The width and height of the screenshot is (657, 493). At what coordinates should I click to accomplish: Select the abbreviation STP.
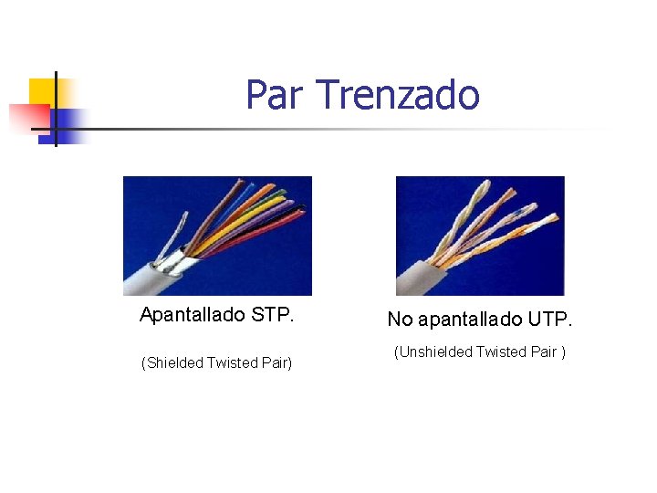(273, 315)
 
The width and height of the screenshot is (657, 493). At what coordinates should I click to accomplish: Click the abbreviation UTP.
(551, 319)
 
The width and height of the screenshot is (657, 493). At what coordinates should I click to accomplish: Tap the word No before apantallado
(400, 319)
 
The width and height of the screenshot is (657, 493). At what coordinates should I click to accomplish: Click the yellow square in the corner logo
(42, 91)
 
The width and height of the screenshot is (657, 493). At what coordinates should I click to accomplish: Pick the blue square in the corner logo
(68, 120)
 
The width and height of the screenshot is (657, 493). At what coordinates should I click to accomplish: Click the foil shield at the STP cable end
(179, 264)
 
